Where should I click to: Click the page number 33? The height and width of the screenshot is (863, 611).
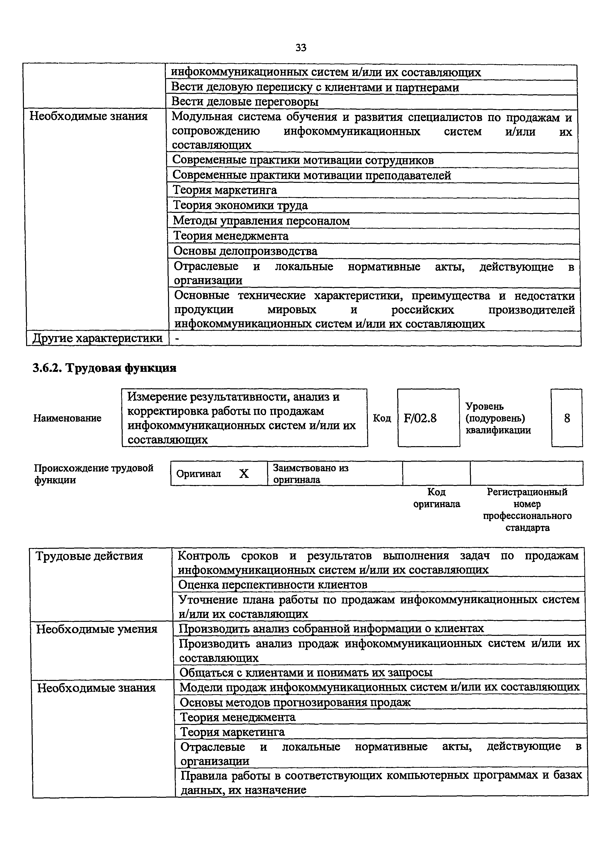(301, 48)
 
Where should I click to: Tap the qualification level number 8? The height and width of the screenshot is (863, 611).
(567, 418)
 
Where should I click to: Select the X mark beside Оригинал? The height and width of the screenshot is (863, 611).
(244, 474)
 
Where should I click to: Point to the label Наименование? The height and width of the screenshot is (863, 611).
(67, 418)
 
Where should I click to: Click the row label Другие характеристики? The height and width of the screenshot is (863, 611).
(98, 339)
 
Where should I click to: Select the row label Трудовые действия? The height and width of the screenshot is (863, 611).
(89, 556)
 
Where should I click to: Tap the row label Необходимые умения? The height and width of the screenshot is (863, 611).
(97, 629)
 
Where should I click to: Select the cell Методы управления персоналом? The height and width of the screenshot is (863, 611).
(261, 221)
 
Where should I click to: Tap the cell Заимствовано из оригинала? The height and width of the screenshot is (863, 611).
(310, 474)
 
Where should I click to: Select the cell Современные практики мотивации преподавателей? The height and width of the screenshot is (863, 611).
(311, 175)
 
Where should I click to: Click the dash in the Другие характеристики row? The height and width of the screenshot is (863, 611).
(177, 339)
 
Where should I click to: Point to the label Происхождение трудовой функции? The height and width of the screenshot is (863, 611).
(93, 474)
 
